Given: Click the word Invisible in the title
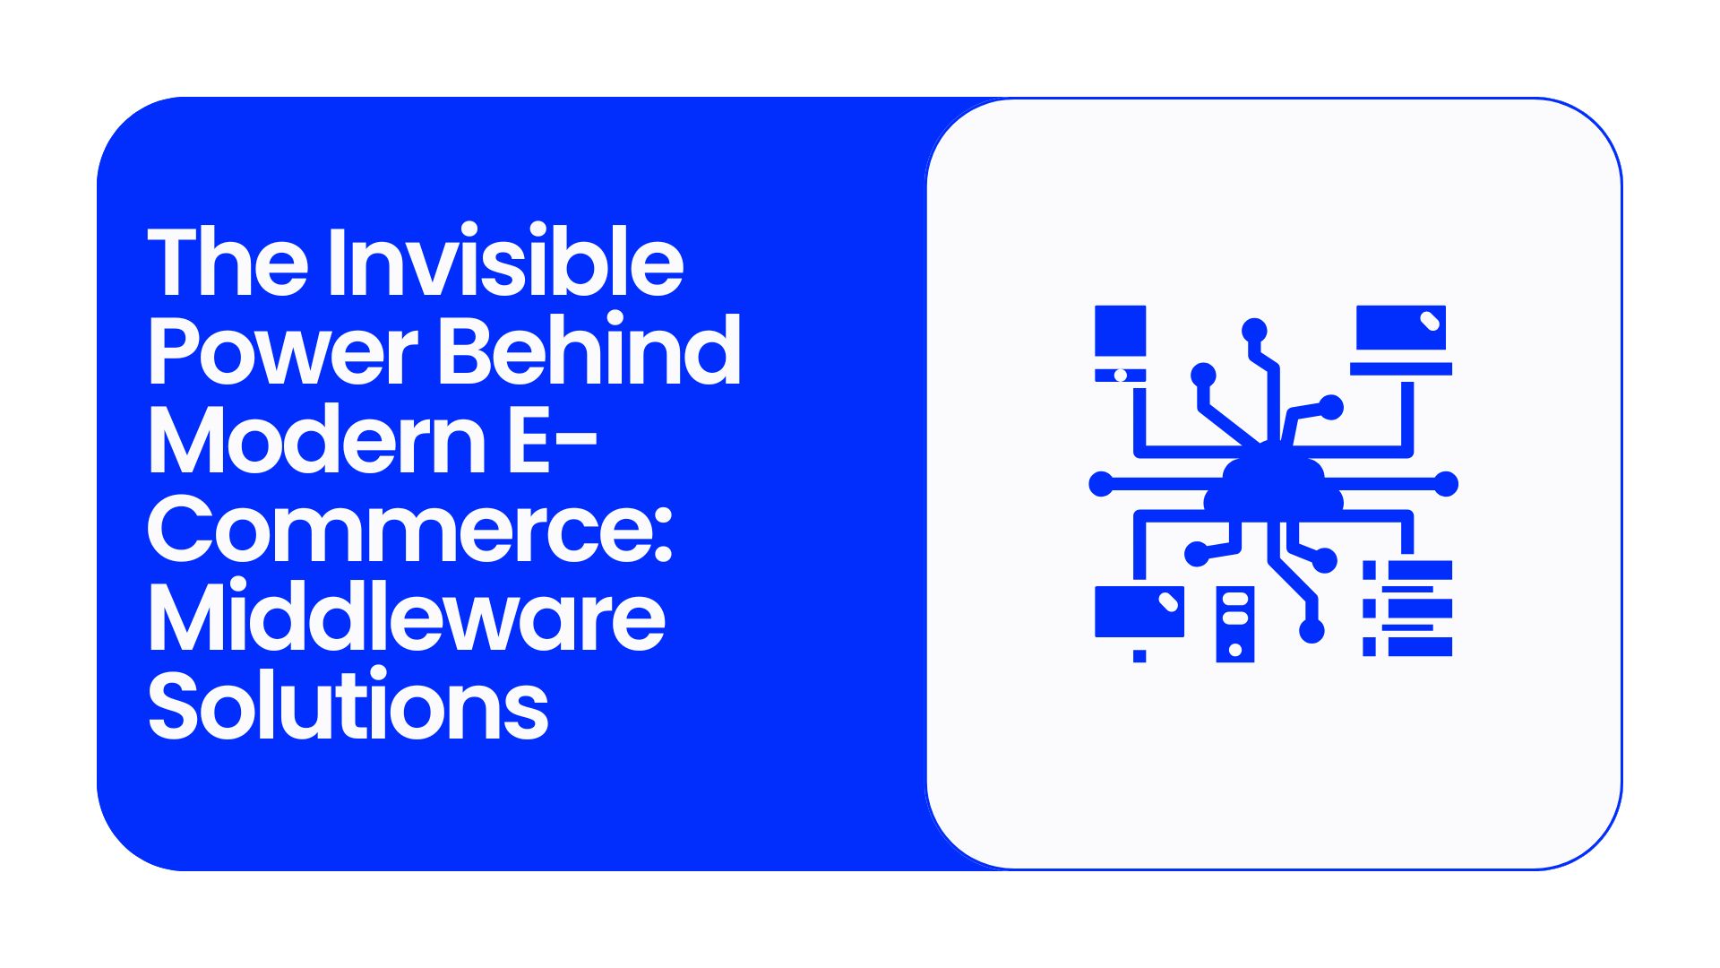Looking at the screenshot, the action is coord(505,261).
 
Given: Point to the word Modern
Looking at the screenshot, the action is coord(317,439).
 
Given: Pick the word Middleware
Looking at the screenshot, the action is coord(407,617).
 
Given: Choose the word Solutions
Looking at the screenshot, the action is coord(348,704).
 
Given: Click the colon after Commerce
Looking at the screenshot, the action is coord(663,535).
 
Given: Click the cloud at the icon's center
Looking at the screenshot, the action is coord(1273,488).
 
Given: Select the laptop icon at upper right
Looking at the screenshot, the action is coord(1401,340).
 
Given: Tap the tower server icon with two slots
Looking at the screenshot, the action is coord(1235,624).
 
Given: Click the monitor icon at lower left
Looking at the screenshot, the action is coord(1139,611).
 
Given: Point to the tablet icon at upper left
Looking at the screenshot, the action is coord(1121,343).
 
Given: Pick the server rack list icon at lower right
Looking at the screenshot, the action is coord(1407,609).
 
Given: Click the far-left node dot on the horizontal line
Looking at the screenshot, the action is coord(1101,484).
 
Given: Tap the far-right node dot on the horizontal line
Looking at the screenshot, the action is coord(1446,484).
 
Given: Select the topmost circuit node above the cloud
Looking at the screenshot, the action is coord(1254,330).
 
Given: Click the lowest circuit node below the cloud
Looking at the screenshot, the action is coord(1311,631).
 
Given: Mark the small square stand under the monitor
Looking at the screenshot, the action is coord(1139,656).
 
